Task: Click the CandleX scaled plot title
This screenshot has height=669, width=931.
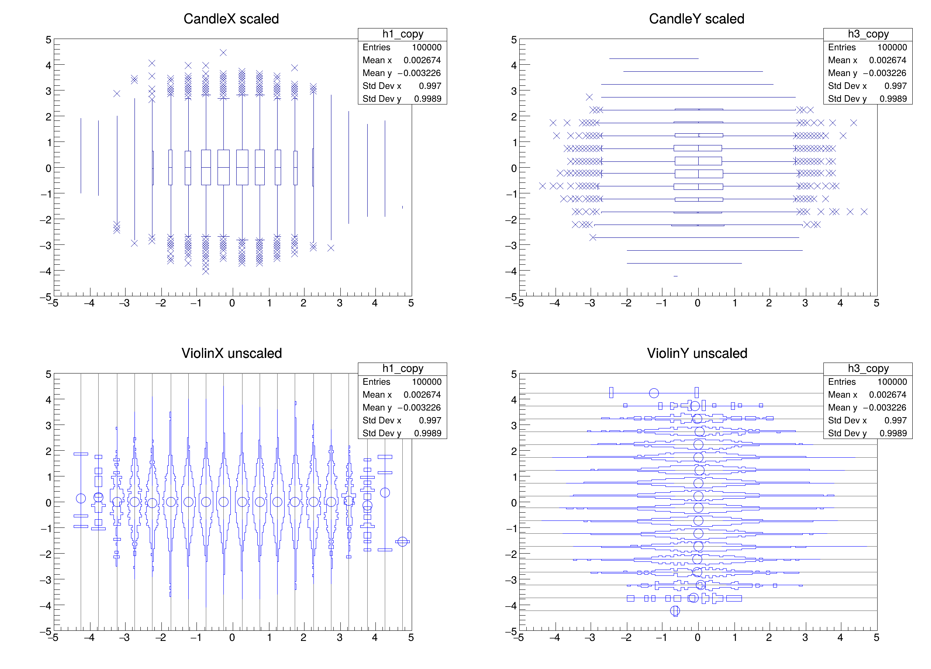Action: tap(231, 19)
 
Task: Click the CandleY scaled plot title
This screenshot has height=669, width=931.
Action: tap(696, 19)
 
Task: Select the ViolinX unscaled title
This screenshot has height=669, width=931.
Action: tap(232, 353)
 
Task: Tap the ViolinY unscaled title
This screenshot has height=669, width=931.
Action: tap(697, 353)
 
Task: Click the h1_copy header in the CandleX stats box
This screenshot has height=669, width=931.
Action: tap(402, 34)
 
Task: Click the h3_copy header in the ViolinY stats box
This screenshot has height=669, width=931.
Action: tap(868, 368)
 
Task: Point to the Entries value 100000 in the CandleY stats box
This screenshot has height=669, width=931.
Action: tap(892, 47)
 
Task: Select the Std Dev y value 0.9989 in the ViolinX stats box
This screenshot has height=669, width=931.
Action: tap(427, 433)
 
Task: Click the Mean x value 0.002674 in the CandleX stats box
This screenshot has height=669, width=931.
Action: tap(421, 60)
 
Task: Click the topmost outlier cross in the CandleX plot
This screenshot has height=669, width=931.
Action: tap(223, 53)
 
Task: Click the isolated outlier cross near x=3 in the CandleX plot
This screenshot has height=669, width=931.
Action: tap(331, 248)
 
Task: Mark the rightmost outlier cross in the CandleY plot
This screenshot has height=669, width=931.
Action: tap(864, 212)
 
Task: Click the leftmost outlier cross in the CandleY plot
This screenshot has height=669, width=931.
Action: tap(542, 186)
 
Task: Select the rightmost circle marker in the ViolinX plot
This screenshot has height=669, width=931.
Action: tap(402, 542)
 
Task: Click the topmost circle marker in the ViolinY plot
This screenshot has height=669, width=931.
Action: tap(654, 393)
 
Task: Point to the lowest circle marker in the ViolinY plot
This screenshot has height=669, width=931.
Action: tap(675, 611)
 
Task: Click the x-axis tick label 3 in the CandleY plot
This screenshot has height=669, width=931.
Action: tap(805, 303)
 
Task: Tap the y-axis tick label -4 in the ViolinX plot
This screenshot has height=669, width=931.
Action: tap(46, 606)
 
